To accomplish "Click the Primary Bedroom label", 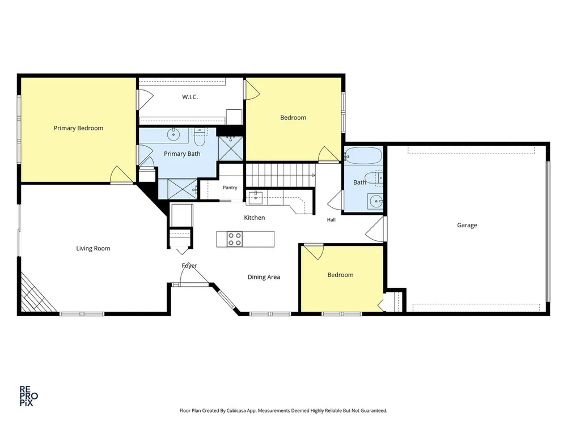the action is (x=78, y=128).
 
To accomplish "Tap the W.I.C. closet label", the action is (x=190, y=97).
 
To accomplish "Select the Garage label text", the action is (x=467, y=225).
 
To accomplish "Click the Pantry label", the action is (x=230, y=188).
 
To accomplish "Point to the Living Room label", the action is (x=93, y=248).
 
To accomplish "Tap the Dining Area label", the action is (x=264, y=277).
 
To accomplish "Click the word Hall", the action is (x=331, y=220).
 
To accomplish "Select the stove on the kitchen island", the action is (x=235, y=239).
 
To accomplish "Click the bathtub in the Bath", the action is (x=363, y=156).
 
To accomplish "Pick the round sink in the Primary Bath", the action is (x=174, y=134).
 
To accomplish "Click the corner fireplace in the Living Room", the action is (x=36, y=294).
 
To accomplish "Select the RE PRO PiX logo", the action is (x=28, y=396).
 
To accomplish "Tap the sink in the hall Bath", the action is (x=376, y=201).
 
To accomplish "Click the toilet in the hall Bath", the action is (x=373, y=178).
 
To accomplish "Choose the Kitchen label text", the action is (x=254, y=218).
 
